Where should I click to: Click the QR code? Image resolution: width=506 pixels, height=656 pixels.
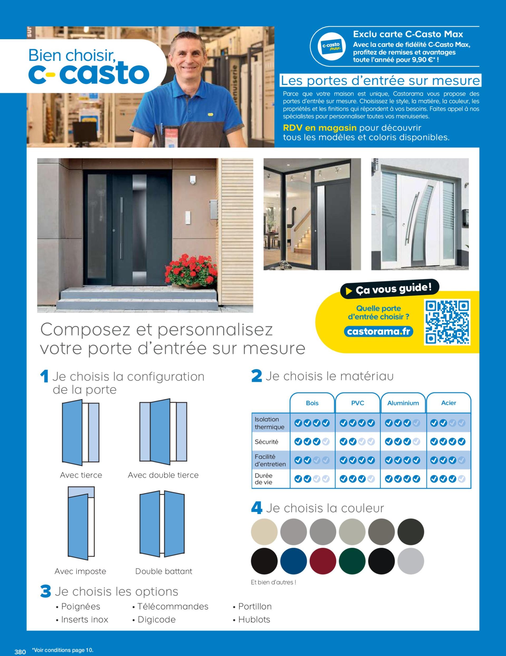[x=447, y=322]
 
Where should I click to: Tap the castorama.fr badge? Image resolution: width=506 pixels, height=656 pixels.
[x=378, y=332]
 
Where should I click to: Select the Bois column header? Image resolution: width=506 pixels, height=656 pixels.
[x=312, y=403]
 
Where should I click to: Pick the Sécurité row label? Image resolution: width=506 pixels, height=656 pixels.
[x=266, y=442]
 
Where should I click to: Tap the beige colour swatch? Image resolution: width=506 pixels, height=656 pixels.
[x=264, y=532]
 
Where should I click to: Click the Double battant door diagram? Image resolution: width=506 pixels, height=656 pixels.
[x=162, y=524]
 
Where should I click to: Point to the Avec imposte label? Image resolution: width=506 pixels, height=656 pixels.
[x=80, y=571]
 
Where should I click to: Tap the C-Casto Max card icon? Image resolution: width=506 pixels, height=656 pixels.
[x=331, y=47]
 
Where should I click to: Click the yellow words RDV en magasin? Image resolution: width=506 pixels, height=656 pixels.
[x=320, y=128]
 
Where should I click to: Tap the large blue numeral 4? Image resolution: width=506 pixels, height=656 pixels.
[x=256, y=508]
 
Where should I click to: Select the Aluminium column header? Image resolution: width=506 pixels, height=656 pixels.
[x=403, y=403]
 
